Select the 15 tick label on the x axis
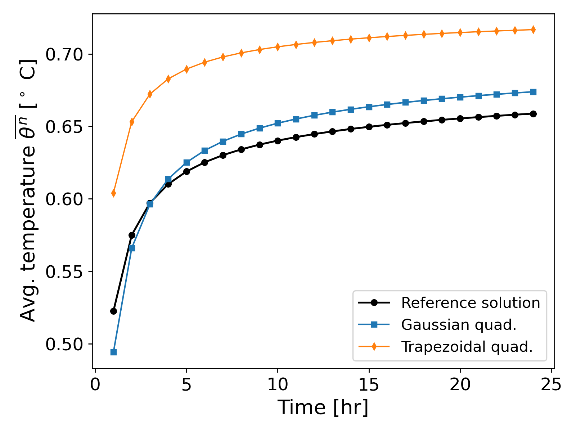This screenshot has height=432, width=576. pos(369,385)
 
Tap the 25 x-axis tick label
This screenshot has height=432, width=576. pos(551,385)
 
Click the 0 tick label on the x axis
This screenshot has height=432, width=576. pos(95,385)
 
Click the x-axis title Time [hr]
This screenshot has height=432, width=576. pos(323,408)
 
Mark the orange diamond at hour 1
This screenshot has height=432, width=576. pos(113,193)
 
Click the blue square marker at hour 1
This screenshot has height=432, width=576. pos(113,352)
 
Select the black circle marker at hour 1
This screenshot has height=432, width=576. pos(113,311)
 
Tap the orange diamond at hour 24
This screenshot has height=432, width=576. pos(533,30)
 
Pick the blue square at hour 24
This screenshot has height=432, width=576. pos(533,92)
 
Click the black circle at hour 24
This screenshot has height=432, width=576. pos(533,114)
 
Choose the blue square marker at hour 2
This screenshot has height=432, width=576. pos(132,248)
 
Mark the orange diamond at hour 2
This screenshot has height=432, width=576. pos(132,122)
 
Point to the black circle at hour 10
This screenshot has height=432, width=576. pos(278,141)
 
